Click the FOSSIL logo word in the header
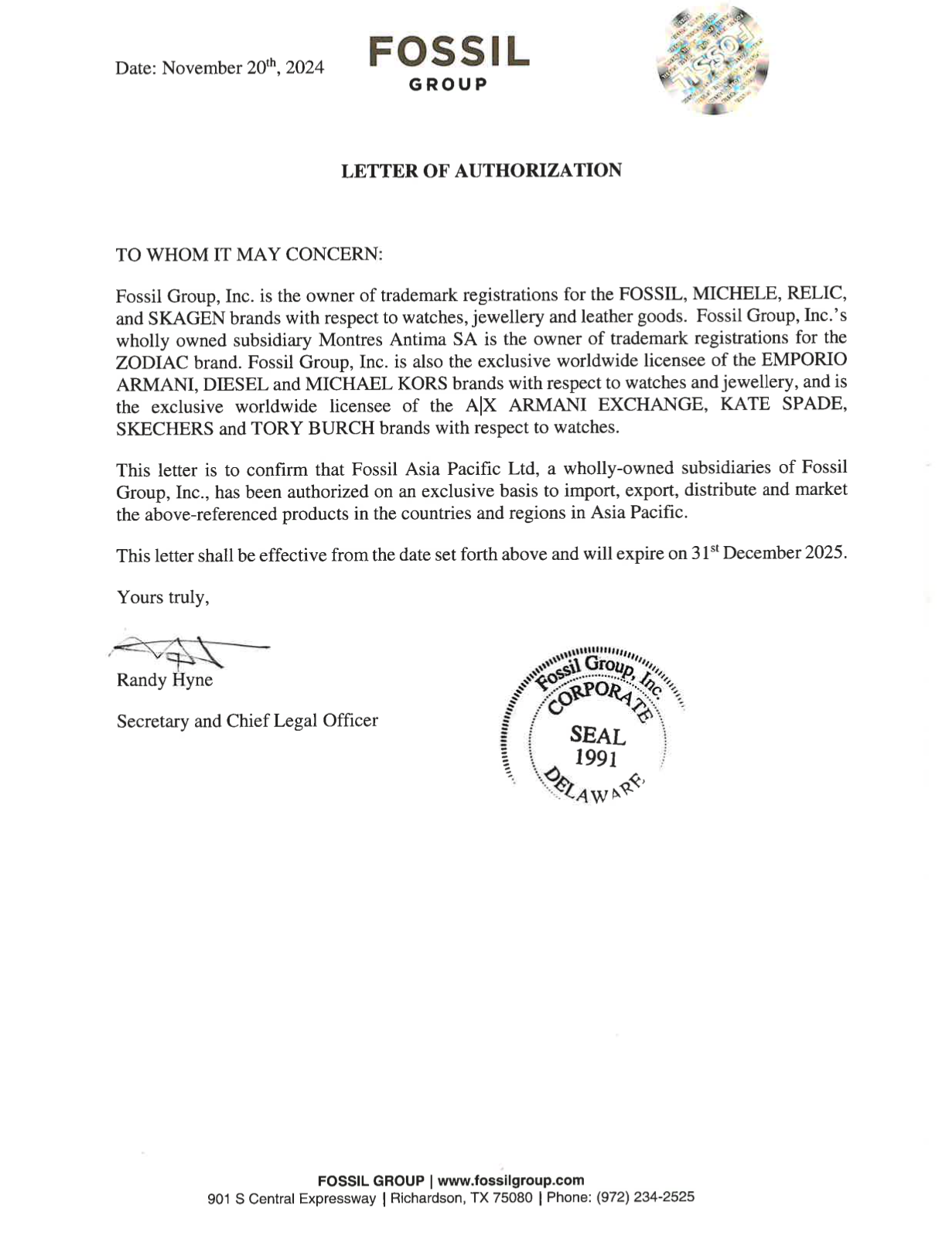click(449, 51)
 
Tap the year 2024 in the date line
click(304, 68)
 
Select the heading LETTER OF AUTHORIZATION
click(481, 170)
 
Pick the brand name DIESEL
click(236, 383)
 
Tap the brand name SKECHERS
click(164, 428)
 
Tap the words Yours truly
click(162, 597)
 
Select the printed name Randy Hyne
click(165, 681)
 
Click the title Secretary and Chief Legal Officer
click(248, 721)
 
